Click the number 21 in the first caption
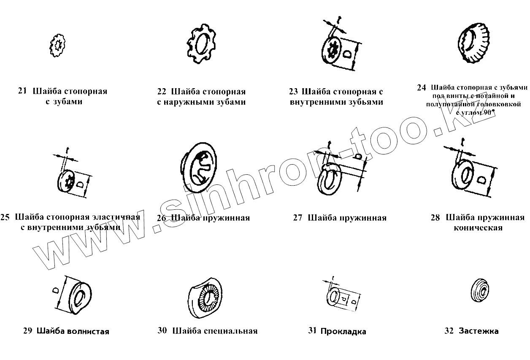[x=22, y=91]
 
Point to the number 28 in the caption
[x=435, y=218]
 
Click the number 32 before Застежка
[x=449, y=331]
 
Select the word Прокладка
[x=343, y=331]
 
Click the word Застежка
[x=479, y=331]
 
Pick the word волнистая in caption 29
[x=88, y=331]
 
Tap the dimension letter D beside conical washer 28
[x=481, y=180]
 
